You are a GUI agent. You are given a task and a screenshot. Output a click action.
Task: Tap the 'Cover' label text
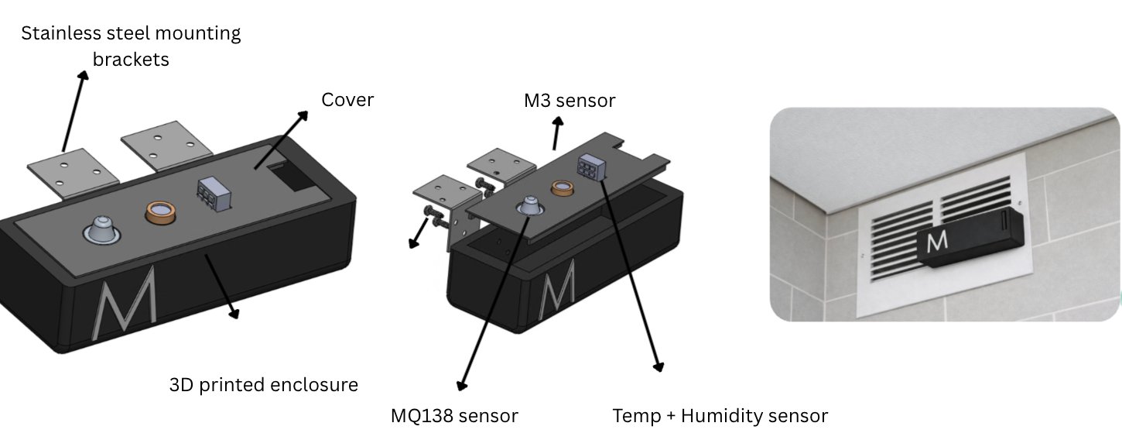click(347, 100)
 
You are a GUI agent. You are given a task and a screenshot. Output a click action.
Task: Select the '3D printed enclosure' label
click(264, 384)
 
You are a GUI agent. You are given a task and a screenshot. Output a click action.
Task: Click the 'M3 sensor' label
click(569, 101)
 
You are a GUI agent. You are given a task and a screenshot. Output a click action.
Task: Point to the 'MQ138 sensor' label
click(454, 416)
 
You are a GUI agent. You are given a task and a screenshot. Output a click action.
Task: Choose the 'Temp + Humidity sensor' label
click(720, 416)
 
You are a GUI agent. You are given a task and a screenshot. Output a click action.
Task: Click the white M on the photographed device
click(936, 242)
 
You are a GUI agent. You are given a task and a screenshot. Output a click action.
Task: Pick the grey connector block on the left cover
click(211, 192)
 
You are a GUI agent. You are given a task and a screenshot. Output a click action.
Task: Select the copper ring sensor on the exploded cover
click(562, 188)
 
